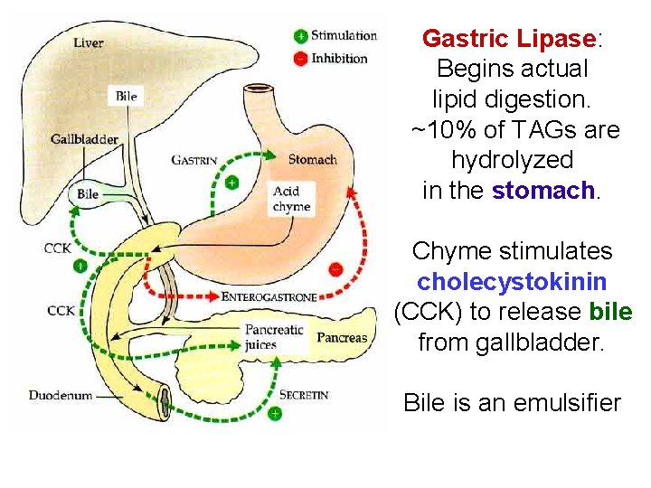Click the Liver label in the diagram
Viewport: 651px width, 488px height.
(88, 42)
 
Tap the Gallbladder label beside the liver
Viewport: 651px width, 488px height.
(84, 139)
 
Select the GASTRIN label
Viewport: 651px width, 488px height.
(194, 160)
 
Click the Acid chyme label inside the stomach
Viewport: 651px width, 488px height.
(291, 199)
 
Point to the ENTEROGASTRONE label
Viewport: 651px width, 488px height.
(269, 296)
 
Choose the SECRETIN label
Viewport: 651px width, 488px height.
(304, 395)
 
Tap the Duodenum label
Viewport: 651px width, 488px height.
(60, 395)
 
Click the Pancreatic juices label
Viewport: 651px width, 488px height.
(274, 337)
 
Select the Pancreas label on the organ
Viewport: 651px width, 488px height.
(342, 338)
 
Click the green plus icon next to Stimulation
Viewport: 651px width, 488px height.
(300, 36)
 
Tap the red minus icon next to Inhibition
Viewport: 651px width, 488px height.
(300, 58)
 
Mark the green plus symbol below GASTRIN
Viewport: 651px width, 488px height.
(231, 183)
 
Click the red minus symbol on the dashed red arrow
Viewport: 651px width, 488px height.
(335, 268)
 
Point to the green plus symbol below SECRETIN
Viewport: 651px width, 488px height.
(275, 414)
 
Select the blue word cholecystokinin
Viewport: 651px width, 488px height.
(512, 281)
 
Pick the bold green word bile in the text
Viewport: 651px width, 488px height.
(610, 312)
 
